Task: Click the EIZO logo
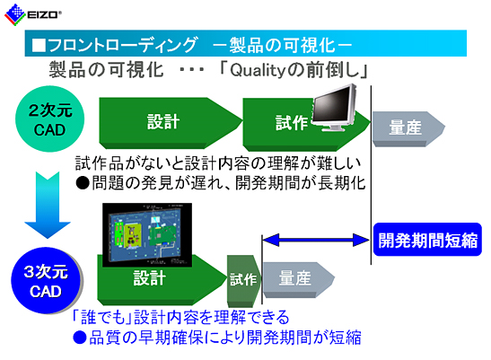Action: pos(32,14)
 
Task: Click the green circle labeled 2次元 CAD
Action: pos(49,119)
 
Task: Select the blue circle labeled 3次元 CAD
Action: pos(47,281)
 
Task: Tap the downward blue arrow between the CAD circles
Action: pos(48,205)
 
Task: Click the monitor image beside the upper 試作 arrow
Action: pos(334,108)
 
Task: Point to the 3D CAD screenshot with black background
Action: pos(147,234)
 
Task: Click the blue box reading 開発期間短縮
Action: pos(427,240)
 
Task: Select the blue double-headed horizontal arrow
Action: pos(316,241)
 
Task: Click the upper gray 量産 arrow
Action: pos(408,128)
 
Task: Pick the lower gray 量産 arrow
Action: pos(298,279)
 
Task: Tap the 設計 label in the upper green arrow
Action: pos(163,121)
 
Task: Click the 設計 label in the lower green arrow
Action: pos(149,277)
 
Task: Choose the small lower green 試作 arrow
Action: pos(243,281)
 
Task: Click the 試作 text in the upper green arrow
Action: pos(291,122)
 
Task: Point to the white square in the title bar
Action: pos(39,46)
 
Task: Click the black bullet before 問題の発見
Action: pos(83,182)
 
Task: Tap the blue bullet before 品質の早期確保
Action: pos(80,338)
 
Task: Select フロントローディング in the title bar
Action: pos(122,45)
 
